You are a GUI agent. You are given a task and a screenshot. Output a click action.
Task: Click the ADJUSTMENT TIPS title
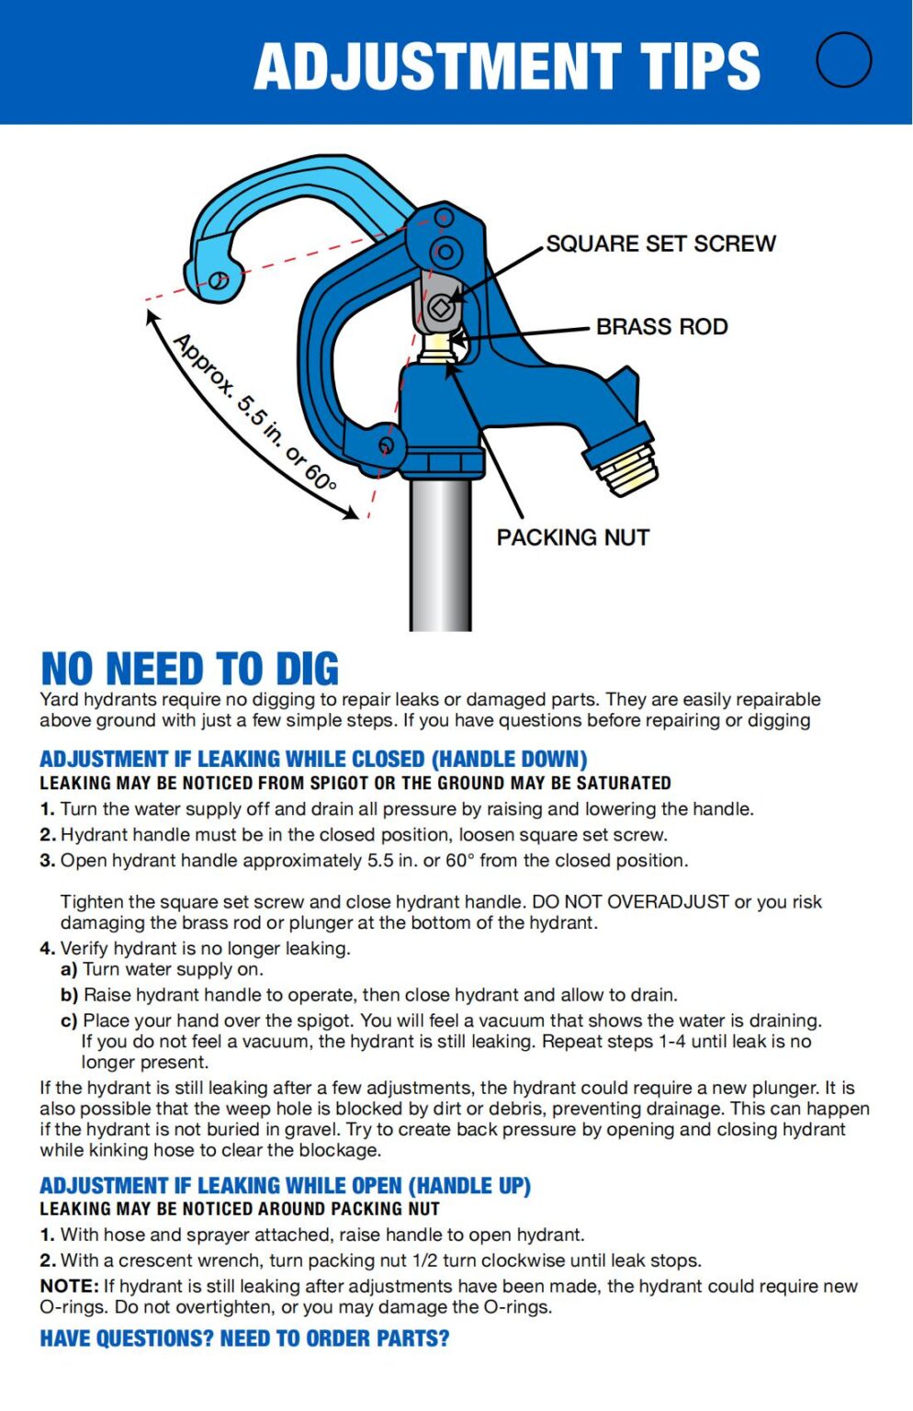[x=507, y=66]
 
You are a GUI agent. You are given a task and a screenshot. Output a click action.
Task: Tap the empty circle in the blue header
[x=843, y=60]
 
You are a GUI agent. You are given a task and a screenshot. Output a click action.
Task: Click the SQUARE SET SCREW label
[x=660, y=243]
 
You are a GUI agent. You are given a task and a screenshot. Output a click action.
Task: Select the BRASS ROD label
[x=661, y=326]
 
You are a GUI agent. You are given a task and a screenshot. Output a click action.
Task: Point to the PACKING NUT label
[x=572, y=537]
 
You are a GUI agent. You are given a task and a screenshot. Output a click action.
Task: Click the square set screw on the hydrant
[x=440, y=308]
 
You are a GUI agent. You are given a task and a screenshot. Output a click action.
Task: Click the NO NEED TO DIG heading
[x=189, y=669]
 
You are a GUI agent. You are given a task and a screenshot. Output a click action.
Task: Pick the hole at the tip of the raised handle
[x=218, y=280]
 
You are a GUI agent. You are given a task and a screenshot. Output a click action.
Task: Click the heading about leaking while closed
[x=313, y=759]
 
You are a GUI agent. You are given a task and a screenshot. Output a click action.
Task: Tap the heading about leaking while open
[x=285, y=1185]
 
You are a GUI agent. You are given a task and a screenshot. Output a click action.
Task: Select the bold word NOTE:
[x=69, y=1286]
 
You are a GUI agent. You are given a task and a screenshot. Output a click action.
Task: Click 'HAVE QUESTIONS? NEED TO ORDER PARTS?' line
[x=244, y=1338]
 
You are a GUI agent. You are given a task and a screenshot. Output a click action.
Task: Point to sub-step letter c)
[x=69, y=1021]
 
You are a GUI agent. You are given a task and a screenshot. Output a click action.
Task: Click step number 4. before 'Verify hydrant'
[x=48, y=948]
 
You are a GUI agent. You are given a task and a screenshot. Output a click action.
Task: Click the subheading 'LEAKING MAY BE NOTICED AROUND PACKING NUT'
[x=239, y=1209]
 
